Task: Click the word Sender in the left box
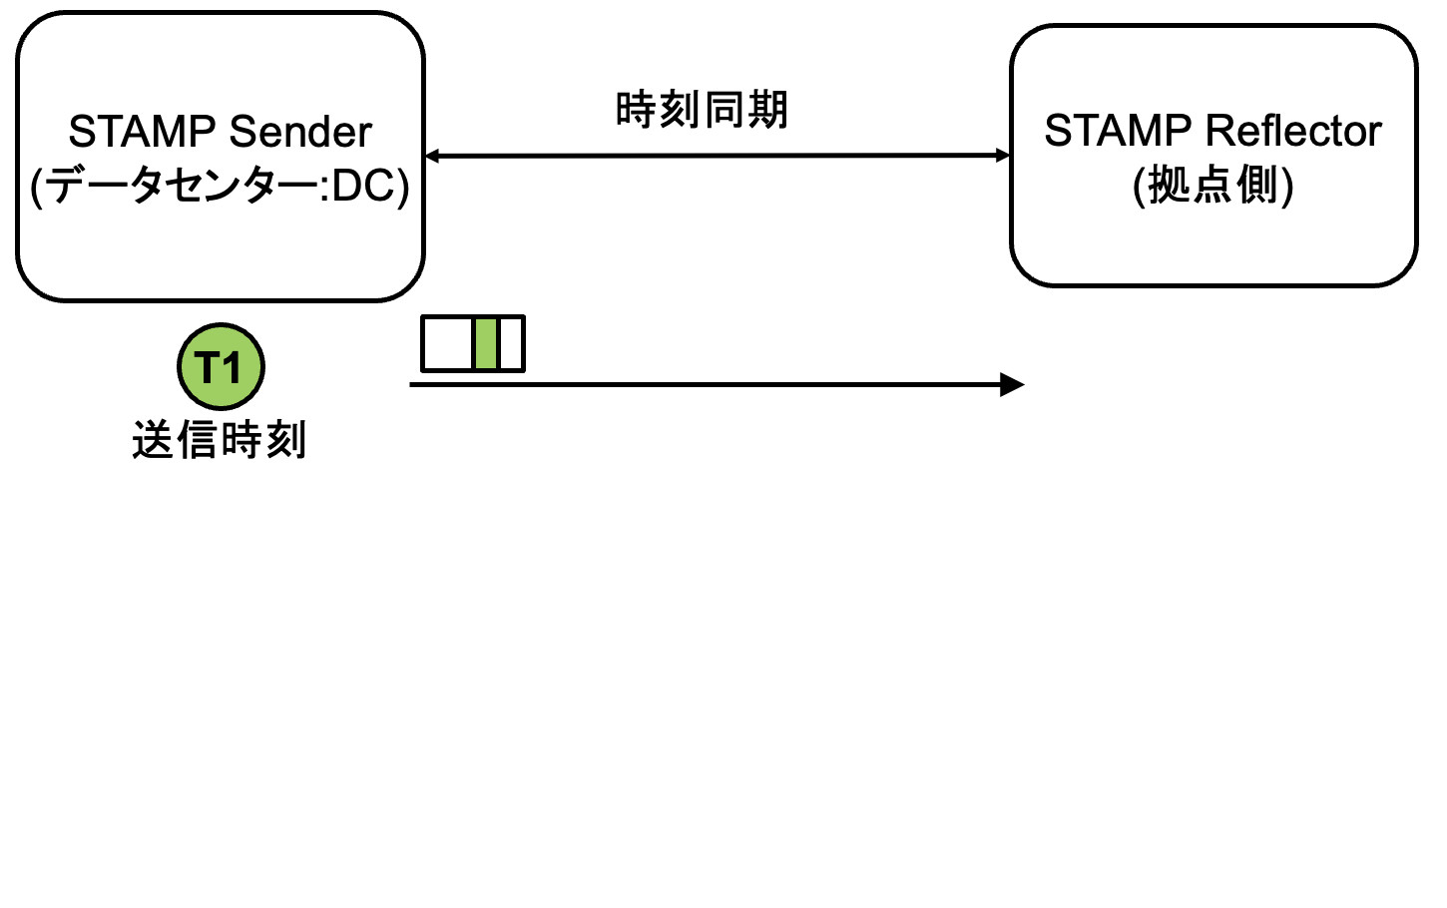tap(300, 132)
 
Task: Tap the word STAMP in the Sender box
tap(143, 132)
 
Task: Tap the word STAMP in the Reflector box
tap(1118, 131)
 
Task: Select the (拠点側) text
tap(1212, 186)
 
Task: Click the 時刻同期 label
tap(702, 110)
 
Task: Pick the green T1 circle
tap(221, 366)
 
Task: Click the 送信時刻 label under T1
tap(219, 440)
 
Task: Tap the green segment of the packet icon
tap(486, 343)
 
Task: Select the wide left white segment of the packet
tap(447, 343)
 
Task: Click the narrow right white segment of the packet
tap(511, 343)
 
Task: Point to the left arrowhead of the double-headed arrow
tap(432, 156)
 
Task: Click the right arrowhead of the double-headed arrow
tap(1003, 156)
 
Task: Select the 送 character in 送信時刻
tap(153, 440)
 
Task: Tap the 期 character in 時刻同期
tap(767, 110)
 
